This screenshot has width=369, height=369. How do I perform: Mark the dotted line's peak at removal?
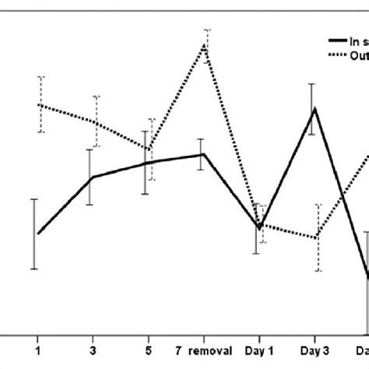pos(205,44)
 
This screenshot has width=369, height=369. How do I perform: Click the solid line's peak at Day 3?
pos(313,108)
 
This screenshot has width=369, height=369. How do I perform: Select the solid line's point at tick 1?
pos(37,234)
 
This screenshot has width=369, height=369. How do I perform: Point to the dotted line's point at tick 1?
pos(40,104)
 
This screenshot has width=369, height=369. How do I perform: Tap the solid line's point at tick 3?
pos(92,177)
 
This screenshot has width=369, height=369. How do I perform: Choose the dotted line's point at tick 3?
pos(95,121)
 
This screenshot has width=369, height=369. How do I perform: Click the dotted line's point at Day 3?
pos(317,237)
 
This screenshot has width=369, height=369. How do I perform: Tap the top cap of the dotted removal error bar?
pos(206,30)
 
